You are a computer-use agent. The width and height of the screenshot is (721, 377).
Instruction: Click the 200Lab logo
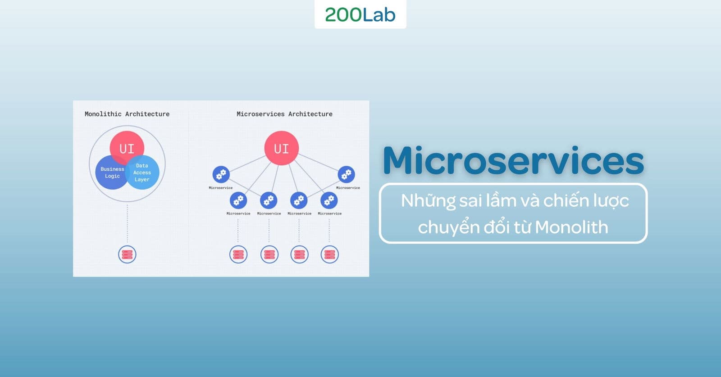pyautogui.click(x=360, y=15)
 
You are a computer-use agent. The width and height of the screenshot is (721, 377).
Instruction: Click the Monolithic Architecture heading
pyautogui.click(x=127, y=114)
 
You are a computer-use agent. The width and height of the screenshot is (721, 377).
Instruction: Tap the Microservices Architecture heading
pyautogui.click(x=284, y=114)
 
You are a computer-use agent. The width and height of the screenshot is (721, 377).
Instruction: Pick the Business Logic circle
pyautogui.click(x=111, y=173)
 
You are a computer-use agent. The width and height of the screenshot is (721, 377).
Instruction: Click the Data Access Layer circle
pyautogui.click(x=142, y=173)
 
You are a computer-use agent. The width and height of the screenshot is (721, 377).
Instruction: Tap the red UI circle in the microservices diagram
pyautogui.click(x=282, y=148)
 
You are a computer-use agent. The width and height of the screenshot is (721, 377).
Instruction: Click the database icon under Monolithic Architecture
pyautogui.click(x=127, y=254)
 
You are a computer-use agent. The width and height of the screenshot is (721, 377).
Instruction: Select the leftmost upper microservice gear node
pyautogui.click(x=221, y=174)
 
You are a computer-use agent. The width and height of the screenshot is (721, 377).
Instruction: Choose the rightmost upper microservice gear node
pyautogui.click(x=347, y=174)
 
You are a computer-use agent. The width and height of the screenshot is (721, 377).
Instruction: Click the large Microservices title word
pyautogui.click(x=513, y=160)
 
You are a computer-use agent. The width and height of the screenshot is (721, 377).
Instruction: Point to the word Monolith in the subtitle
pyautogui.click(x=572, y=227)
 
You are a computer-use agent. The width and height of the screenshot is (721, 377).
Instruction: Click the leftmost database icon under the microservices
pyautogui.click(x=238, y=254)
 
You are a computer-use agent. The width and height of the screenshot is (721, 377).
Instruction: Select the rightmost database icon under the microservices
pyautogui.click(x=329, y=254)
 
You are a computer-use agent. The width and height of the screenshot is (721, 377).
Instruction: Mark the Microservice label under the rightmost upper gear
pyautogui.click(x=348, y=188)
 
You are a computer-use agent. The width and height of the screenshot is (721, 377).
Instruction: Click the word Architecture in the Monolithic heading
pyautogui.click(x=147, y=114)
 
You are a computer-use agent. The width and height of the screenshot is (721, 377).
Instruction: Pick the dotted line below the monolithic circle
pyautogui.click(x=127, y=223)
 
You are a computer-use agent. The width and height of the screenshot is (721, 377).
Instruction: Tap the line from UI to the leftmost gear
pyautogui.click(x=247, y=164)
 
